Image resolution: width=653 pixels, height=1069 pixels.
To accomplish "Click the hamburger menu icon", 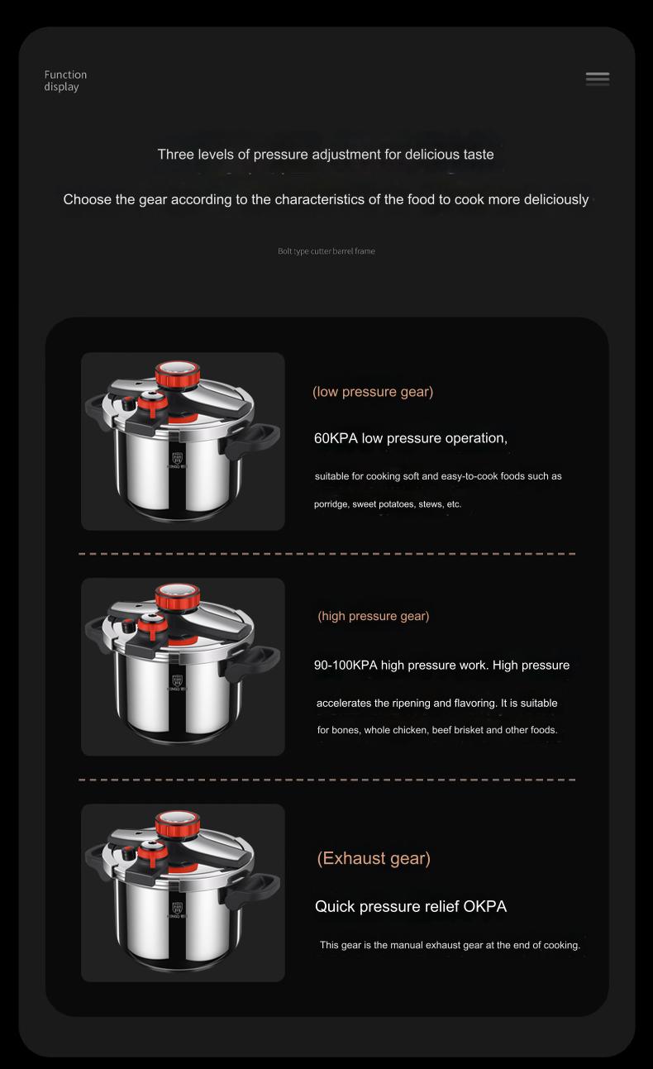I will (598, 79).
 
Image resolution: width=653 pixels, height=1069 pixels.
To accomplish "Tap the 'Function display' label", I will (65, 80).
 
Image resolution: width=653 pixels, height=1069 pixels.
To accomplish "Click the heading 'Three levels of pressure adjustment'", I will (326, 155).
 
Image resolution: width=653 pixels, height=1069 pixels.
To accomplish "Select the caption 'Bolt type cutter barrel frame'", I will (326, 251).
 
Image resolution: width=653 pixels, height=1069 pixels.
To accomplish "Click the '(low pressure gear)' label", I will (373, 392).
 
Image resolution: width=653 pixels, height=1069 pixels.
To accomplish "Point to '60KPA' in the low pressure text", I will (336, 438).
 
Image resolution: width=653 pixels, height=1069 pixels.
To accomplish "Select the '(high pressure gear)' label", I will (374, 616).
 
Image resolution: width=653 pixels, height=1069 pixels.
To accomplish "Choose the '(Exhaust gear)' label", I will (374, 858).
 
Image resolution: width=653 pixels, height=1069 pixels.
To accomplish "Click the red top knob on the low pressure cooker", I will (177, 371).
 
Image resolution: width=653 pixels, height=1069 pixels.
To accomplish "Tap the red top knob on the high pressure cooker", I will (178, 596).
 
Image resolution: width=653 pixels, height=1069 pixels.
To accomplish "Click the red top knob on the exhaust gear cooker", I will (178, 823).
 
